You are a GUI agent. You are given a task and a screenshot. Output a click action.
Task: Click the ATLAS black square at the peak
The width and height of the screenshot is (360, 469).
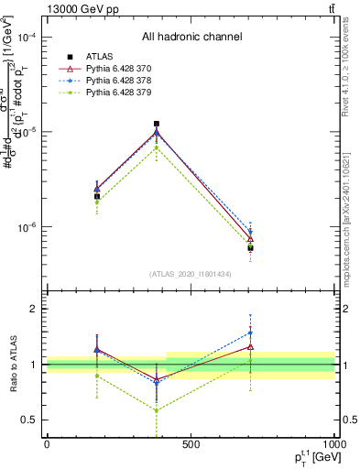coord(157,124)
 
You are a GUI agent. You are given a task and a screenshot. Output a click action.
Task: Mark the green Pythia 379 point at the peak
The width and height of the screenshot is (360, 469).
coord(157,147)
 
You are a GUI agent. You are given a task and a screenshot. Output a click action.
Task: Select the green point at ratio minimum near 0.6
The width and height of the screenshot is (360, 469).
coord(157,409)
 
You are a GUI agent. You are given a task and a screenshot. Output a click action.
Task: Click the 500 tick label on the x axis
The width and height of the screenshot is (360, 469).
coord(191,444)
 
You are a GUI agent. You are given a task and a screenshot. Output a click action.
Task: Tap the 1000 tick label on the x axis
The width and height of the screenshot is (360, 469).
coord(333,444)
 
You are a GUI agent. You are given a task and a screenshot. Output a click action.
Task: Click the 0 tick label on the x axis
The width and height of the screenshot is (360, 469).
coord(47,444)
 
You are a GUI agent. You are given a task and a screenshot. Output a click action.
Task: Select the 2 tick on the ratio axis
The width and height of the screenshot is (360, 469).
coord(35,310)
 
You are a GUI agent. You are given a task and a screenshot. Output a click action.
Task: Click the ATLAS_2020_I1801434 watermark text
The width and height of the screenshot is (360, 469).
coord(191,274)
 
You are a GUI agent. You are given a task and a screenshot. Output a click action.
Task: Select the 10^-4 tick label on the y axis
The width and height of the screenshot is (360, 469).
coord(27,38)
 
